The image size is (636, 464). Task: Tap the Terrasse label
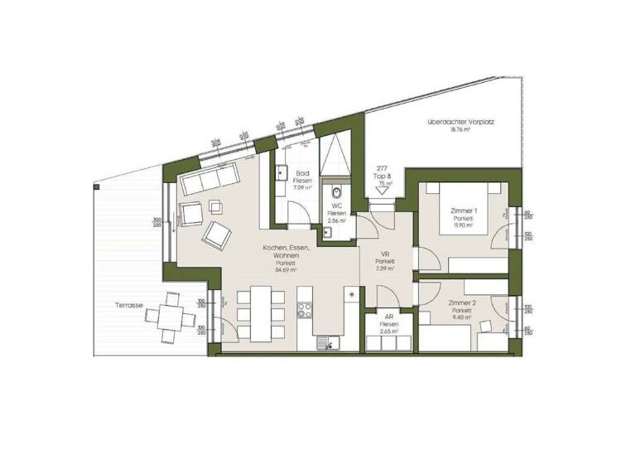tap(129, 306)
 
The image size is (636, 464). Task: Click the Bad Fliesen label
tap(302, 180)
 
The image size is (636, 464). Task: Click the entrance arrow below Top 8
tap(382, 191)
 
